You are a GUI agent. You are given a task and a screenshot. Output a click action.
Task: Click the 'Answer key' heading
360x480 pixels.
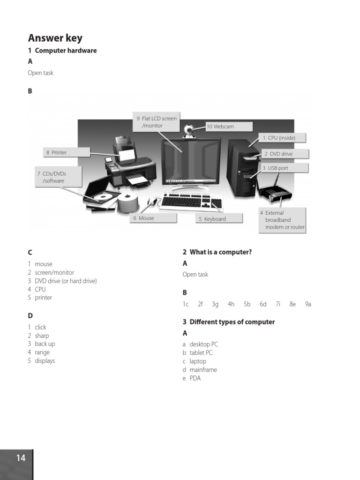point(55,38)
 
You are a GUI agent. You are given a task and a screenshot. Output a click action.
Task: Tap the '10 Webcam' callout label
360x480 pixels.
point(229,127)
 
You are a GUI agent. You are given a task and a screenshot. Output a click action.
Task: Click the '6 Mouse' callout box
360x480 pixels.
point(153,218)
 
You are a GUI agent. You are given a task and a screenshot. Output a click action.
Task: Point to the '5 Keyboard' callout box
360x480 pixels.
point(219,218)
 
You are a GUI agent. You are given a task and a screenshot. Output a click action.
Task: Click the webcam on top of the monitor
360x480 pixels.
point(189,130)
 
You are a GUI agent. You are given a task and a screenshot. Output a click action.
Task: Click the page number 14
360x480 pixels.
point(21,458)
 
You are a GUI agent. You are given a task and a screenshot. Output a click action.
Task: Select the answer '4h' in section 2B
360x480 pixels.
point(231,304)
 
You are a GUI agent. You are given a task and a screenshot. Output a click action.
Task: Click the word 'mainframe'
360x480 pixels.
point(203,370)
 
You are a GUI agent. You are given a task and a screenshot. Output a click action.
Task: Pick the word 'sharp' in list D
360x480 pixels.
point(42,336)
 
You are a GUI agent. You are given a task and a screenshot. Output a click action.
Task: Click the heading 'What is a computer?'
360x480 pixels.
point(220,252)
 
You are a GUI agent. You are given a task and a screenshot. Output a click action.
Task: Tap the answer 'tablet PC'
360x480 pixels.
point(201,353)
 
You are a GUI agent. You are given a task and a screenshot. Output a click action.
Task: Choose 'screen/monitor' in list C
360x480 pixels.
point(54,272)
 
